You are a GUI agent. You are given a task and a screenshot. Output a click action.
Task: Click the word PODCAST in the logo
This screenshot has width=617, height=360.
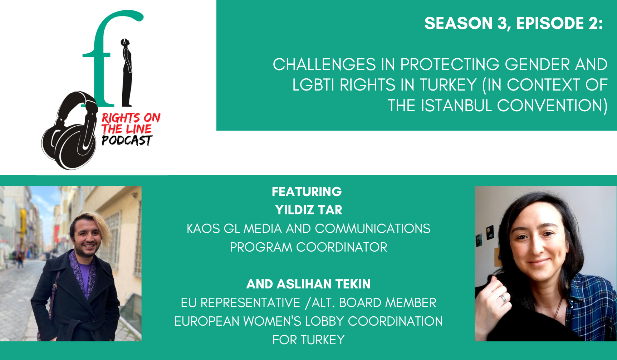coord(127,140)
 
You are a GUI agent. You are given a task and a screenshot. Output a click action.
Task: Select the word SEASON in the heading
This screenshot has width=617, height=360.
coord(459,23)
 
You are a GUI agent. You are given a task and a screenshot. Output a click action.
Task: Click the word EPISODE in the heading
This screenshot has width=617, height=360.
coord(550,23)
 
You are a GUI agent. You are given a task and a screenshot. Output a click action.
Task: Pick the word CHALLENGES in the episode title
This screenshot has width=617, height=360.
coord(324,64)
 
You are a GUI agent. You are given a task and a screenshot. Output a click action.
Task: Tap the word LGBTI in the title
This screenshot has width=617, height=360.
coord(314,85)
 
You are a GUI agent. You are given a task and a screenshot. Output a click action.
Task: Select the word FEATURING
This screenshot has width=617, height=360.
coord(307,191)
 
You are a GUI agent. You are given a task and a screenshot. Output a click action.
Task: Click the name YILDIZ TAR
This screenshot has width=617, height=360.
coord(309,210)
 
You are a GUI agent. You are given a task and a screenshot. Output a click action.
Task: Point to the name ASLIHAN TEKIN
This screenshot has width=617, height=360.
coord(324,284)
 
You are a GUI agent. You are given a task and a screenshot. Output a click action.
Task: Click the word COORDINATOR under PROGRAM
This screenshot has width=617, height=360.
coord(342,247)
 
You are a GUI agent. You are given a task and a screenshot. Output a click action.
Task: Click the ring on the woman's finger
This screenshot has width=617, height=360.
coord(503,298)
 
